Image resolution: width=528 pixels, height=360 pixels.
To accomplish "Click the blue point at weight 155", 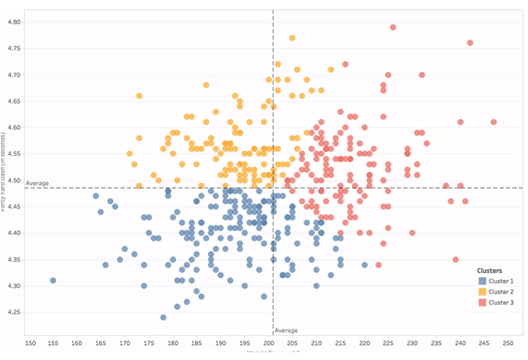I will click(x=53, y=280).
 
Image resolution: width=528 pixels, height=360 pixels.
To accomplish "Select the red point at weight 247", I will click(x=493, y=122).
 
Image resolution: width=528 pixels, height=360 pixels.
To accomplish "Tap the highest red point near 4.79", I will click(x=393, y=27).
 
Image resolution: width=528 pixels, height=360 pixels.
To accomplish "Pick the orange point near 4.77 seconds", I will click(x=292, y=38).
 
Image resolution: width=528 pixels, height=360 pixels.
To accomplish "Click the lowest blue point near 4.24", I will click(x=163, y=317).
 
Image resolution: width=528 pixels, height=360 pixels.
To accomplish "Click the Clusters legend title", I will click(x=489, y=271).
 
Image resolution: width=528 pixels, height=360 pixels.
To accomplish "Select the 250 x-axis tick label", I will click(x=508, y=342).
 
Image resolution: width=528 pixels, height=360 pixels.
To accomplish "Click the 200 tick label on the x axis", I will click(x=269, y=342).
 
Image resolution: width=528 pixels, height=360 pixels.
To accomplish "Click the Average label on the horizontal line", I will click(x=37, y=184).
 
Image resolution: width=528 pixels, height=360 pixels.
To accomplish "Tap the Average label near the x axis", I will click(x=286, y=331).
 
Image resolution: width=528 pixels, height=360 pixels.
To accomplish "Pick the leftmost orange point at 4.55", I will click(x=130, y=154).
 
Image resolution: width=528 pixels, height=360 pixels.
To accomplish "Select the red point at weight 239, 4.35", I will click(x=455, y=259).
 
